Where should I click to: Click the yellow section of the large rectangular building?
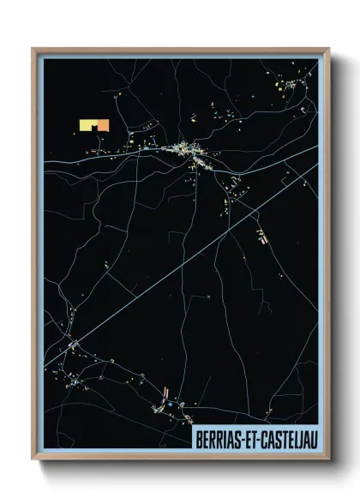tap(87, 126)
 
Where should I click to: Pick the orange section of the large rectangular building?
tap(104, 125)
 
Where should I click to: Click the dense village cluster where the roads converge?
tap(188, 152)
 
